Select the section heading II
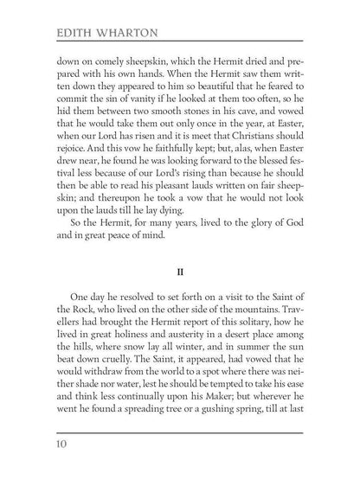[x=180, y=281]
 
